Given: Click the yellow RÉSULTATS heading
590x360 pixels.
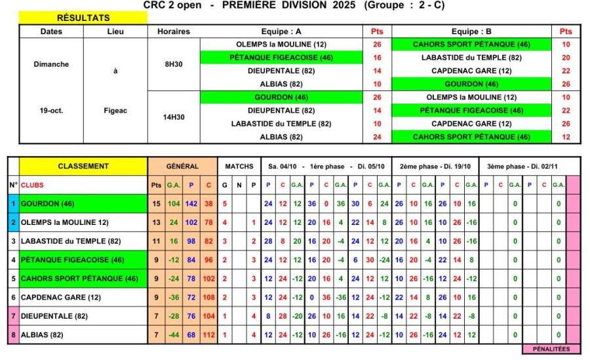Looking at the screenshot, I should click(83, 18).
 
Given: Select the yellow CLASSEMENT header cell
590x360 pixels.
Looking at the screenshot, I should click(83, 166).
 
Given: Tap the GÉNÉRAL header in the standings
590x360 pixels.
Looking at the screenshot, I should click(182, 166).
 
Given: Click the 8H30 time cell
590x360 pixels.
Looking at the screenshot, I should click(174, 64).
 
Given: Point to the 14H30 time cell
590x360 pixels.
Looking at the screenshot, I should click(174, 117).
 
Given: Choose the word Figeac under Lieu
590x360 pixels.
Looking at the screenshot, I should click(115, 111).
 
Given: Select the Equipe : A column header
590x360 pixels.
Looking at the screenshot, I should click(281, 31).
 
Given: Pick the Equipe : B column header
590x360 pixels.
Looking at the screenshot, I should click(471, 31).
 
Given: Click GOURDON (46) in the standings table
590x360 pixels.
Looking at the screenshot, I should click(48, 204).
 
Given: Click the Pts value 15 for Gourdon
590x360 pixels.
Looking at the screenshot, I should click(156, 204).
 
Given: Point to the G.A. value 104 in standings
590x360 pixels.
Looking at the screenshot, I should click(173, 204).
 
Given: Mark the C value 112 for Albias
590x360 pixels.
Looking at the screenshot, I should click(208, 335).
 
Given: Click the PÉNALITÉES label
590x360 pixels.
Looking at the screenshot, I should click(551, 349).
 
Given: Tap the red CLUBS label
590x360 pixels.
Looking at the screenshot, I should click(32, 186).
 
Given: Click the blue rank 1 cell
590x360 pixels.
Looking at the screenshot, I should click(13, 204).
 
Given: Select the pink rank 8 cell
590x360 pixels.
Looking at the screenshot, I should click(13, 335).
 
